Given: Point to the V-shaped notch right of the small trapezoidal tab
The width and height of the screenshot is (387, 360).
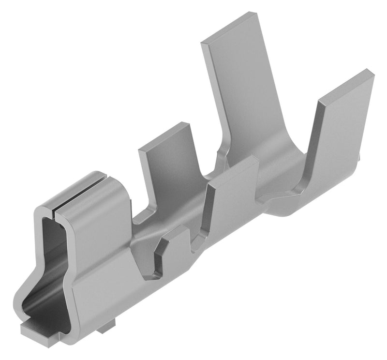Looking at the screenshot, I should pos(196,244).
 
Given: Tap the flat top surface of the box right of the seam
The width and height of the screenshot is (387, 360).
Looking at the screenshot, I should pos(97,196).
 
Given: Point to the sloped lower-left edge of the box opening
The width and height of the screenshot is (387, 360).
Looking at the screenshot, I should pos(27,295).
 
